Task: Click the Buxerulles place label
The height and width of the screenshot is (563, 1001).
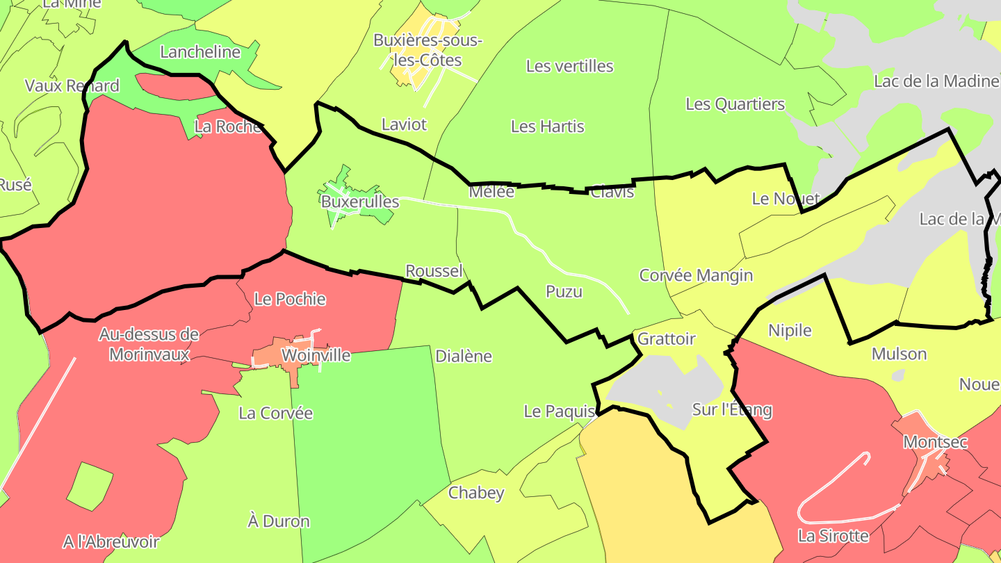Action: point(360,202)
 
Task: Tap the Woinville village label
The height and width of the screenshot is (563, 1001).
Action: point(316,356)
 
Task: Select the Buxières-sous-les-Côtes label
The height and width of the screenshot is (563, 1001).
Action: point(428,50)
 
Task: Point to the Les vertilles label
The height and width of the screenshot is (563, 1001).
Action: point(569,66)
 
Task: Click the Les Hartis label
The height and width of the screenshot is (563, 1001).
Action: point(547,127)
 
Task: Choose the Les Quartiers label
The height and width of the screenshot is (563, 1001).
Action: point(735,104)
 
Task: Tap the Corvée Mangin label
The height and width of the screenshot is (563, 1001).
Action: point(696,275)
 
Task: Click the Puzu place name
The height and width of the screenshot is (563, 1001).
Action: point(564,292)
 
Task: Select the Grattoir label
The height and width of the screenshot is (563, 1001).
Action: point(666,339)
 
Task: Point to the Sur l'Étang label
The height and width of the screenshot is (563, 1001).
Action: point(732,409)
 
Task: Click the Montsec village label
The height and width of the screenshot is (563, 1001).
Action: point(935,442)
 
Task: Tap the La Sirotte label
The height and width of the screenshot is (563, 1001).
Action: point(833,536)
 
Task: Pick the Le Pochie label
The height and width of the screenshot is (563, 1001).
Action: point(290,299)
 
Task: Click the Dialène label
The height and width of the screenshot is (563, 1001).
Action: point(463,357)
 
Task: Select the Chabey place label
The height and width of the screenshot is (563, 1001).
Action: point(476,493)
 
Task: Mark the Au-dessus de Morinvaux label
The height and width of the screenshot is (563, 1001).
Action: point(148,345)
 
